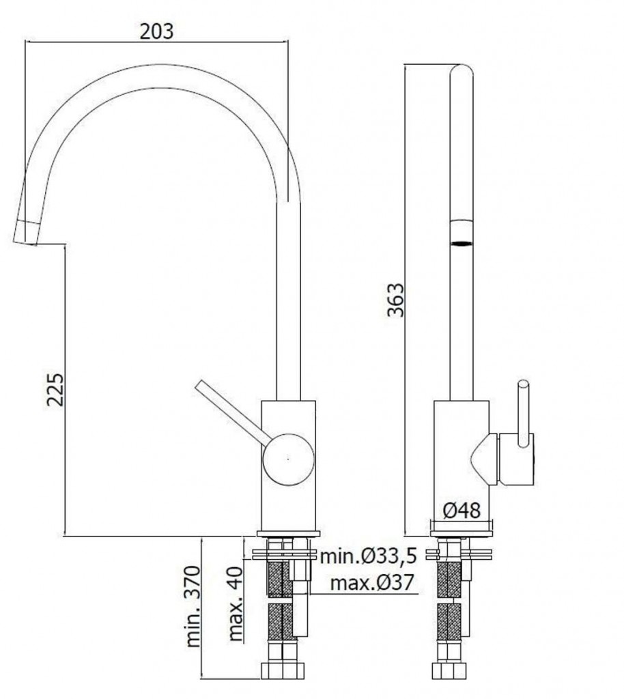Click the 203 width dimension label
156,31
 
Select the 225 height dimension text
56,390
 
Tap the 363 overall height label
395,300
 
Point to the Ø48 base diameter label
462,511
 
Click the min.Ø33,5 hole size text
369,556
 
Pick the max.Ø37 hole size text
372,583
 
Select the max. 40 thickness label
236,604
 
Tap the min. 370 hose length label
193,606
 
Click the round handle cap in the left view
288,459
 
